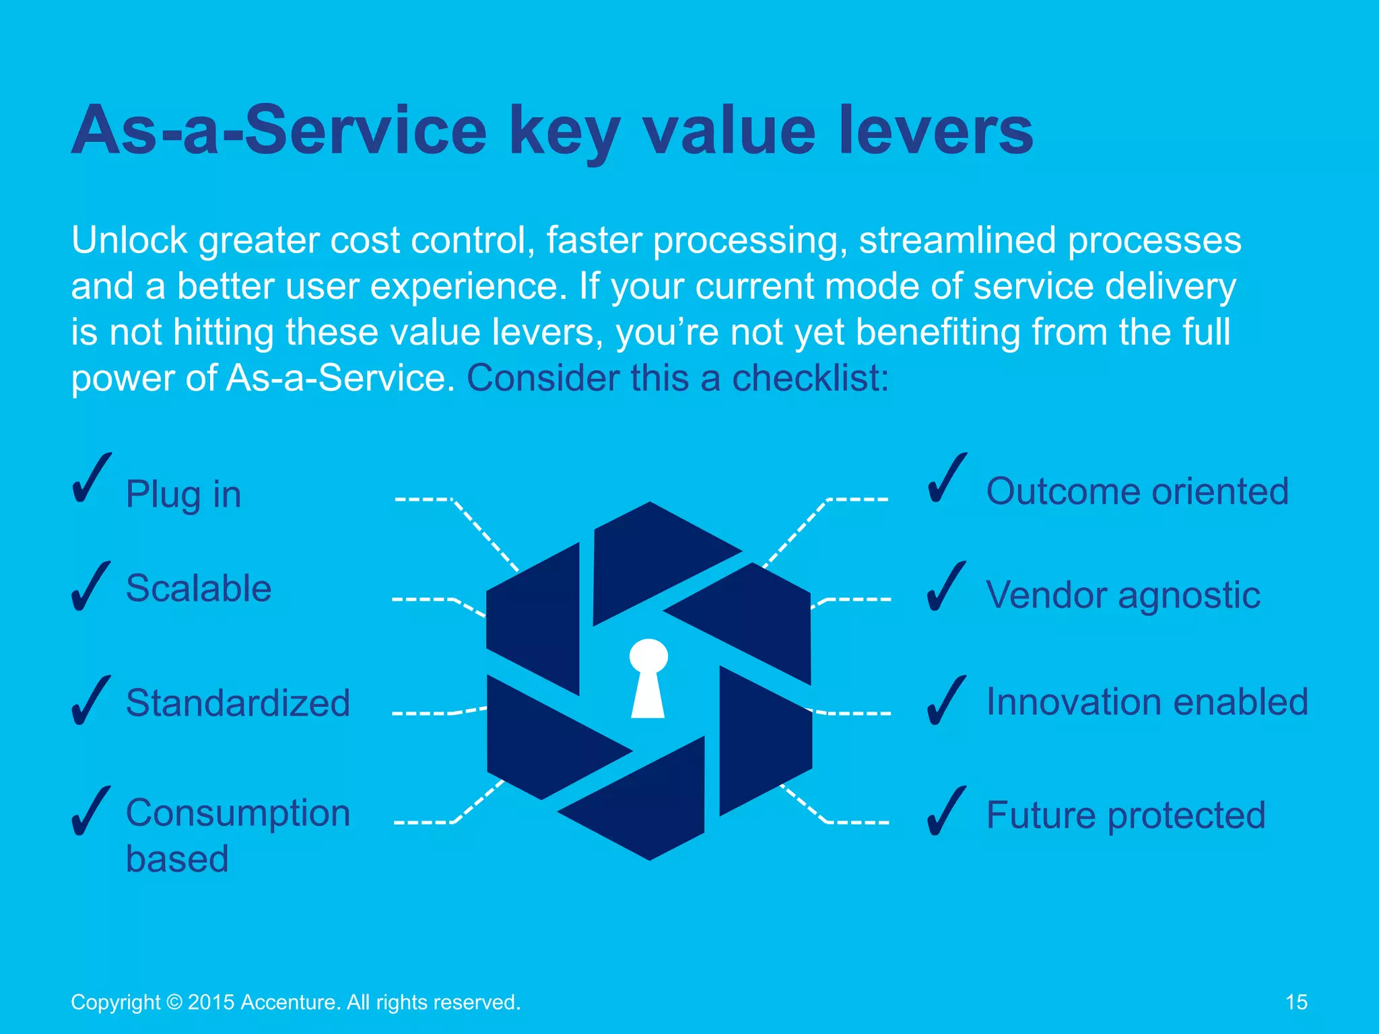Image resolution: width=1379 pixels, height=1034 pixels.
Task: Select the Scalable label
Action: click(199, 588)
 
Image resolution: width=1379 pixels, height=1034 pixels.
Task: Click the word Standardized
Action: click(238, 703)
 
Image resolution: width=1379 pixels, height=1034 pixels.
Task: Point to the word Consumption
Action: click(238, 813)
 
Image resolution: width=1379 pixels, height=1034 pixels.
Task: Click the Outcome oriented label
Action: click(1137, 491)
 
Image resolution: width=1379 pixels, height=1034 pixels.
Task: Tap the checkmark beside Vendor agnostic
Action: click(946, 587)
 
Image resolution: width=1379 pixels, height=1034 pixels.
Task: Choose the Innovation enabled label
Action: click(1147, 702)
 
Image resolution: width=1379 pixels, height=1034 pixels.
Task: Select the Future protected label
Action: click(1126, 815)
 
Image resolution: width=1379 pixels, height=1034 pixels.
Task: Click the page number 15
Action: click(1296, 1002)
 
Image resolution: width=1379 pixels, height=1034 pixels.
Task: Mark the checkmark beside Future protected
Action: click(946, 812)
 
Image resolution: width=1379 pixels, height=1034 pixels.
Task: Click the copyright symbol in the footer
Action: click(174, 1002)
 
